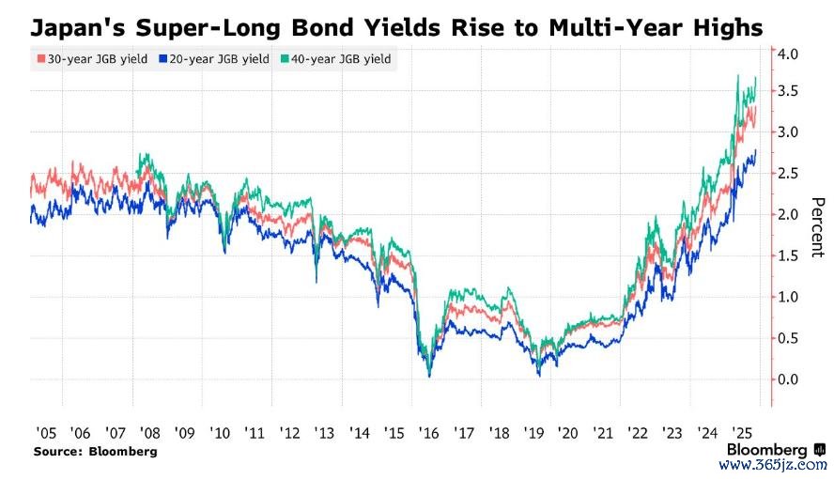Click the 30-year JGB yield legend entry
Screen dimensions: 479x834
[90, 60]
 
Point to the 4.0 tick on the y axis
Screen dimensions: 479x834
[788, 55]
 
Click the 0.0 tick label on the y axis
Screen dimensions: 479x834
[788, 379]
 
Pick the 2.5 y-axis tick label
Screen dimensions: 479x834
[788, 175]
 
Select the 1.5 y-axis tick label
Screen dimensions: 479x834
[788, 256]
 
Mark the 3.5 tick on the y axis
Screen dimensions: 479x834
[788, 92]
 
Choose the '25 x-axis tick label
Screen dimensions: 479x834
[742, 434]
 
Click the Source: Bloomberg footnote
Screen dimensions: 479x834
[96, 452]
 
